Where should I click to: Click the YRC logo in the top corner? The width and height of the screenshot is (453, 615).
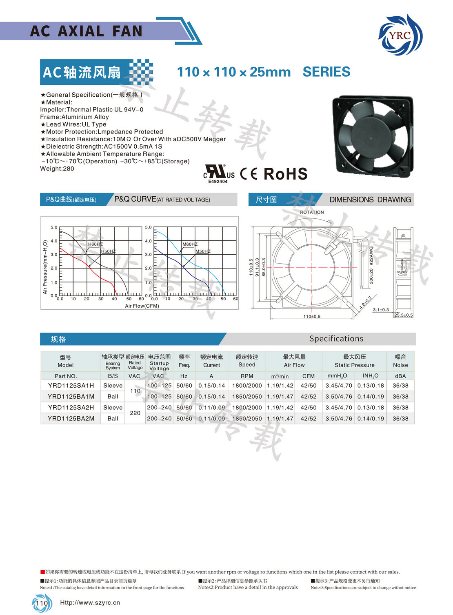[400, 35]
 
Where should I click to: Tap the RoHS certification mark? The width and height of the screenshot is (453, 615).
[285, 174]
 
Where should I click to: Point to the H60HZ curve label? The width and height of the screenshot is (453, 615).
[95, 244]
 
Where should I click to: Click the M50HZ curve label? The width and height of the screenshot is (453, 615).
[203, 251]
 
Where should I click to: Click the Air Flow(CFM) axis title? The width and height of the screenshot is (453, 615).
[142, 306]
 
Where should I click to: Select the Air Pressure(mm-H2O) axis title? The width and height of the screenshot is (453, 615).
[45, 267]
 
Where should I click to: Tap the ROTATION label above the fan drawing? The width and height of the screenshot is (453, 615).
[312, 212]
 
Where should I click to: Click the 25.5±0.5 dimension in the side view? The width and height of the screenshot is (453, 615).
[403, 315]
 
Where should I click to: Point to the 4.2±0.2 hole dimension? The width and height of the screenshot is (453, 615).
[365, 302]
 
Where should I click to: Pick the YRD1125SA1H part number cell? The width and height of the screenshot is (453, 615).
[71, 386]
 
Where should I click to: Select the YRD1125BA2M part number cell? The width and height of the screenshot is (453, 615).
[71, 419]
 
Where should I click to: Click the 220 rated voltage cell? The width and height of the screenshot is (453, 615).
[135, 413]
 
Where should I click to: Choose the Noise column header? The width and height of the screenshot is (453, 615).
[400, 361]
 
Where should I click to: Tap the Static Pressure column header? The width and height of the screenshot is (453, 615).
[354, 361]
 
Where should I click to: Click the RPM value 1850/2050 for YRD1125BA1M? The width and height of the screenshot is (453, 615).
[247, 397]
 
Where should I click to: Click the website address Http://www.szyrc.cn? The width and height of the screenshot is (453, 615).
[90, 602]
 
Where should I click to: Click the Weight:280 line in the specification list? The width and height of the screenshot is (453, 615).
[57, 169]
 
